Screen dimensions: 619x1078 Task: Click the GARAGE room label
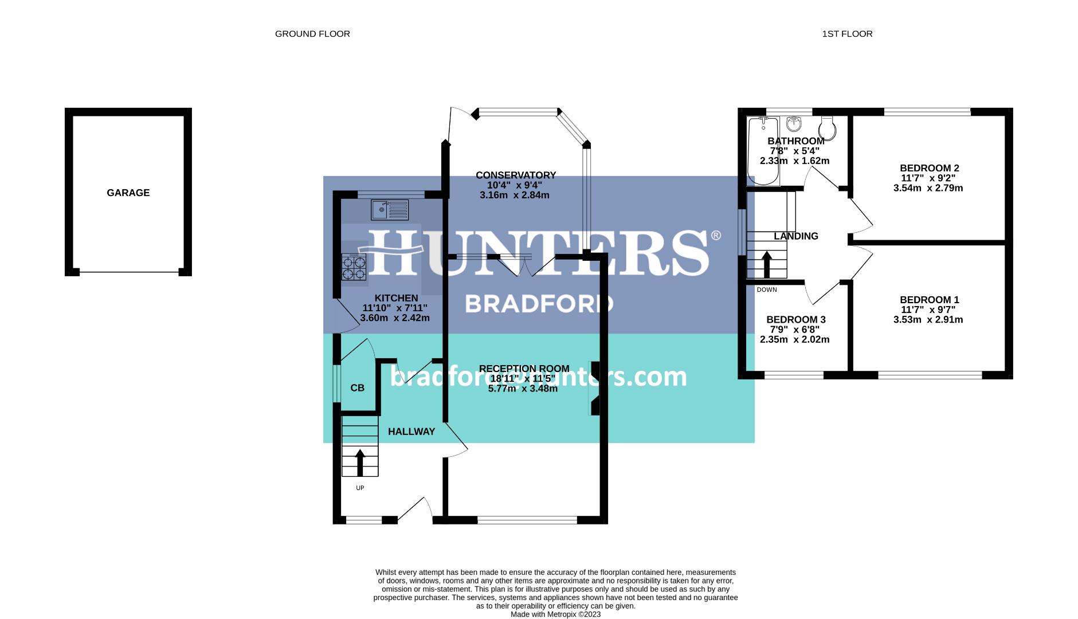click(x=128, y=193)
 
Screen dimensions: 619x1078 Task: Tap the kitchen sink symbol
click(x=389, y=209)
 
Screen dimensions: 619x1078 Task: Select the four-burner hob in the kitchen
click(x=354, y=267)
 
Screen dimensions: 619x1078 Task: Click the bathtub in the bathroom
click(x=763, y=151)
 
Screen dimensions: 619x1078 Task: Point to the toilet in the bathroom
click(x=828, y=125)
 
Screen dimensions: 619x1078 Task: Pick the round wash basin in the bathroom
click(x=794, y=123)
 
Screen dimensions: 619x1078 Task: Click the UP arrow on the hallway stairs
click(x=360, y=463)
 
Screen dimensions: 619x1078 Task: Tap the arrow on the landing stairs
click(x=766, y=264)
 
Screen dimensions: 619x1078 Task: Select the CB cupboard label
click(x=357, y=388)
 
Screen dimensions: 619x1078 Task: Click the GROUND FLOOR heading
click(x=312, y=34)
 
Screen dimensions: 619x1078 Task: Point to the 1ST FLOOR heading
click(x=847, y=34)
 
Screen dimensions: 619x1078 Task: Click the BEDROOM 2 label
click(x=929, y=168)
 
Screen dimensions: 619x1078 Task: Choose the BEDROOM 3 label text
click(x=795, y=320)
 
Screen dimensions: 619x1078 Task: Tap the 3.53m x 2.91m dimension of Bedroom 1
click(x=928, y=320)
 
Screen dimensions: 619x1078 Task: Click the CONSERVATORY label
click(x=515, y=175)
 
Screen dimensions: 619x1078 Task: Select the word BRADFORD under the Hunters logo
click(x=539, y=304)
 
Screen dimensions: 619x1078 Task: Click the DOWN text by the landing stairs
click(x=766, y=290)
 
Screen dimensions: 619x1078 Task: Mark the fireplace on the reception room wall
click(x=594, y=387)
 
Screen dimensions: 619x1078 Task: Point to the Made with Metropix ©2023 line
click(x=555, y=614)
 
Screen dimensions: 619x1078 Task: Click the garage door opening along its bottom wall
click(x=128, y=272)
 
